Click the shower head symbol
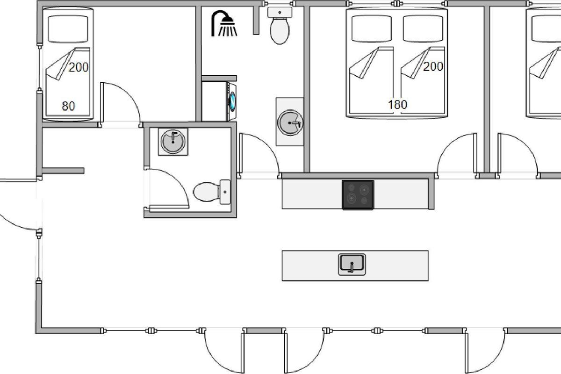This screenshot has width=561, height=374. click(224, 23)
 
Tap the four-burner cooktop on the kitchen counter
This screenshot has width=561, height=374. click(358, 194)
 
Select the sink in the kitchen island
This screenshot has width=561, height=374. click(352, 265)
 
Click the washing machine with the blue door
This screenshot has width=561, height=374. click(231, 101)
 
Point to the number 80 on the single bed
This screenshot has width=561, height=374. click(68, 106)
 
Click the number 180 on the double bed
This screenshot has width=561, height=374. click(397, 104)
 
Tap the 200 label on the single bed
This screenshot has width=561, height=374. click(79, 67)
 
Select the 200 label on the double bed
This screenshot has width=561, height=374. click(433, 66)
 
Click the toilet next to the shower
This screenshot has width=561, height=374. click(280, 26)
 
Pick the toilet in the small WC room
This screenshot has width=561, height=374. click(212, 192)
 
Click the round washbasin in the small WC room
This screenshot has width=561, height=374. click(173, 142)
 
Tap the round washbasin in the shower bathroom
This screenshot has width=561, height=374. click(290, 123)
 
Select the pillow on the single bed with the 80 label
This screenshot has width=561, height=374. click(68, 29)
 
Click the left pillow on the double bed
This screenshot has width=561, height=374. click(372, 29)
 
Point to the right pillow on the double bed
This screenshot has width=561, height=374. click(423, 29)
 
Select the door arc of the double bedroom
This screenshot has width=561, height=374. click(448, 145)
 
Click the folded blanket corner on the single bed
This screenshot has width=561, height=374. click(61, 64)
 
